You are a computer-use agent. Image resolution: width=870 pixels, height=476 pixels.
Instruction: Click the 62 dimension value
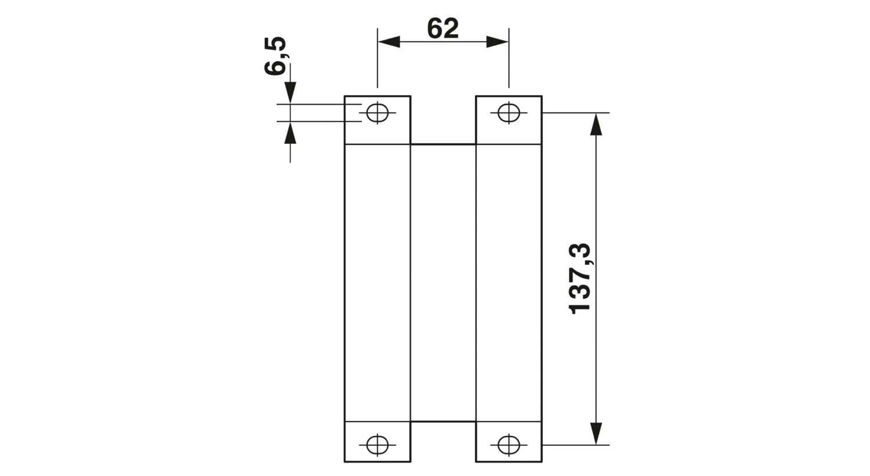tap(443, 29)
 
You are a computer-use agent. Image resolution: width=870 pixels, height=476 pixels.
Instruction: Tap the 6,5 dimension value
tap(275, 56)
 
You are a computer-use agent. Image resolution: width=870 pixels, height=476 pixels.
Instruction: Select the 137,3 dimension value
tap(580, 279)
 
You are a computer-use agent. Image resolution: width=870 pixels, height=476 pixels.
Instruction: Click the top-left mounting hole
tap(377, 113)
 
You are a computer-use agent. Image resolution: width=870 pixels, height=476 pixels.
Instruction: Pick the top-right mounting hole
tap(509, 113)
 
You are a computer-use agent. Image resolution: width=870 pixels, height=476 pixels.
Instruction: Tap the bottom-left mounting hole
tap(377, 445)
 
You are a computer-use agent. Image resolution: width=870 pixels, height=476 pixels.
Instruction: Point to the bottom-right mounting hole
tap(509, 445)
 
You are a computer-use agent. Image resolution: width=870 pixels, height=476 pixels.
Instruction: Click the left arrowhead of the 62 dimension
tap(389, 42)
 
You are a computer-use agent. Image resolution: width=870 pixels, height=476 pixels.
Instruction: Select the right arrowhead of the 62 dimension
tap(498, 42)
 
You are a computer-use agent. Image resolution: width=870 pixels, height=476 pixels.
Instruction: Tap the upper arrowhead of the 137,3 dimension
tap(596, 124)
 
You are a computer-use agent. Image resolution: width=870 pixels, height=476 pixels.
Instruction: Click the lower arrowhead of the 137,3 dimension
tap(596, 433)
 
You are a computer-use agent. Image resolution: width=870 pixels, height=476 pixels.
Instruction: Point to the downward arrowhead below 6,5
tap(290, 93)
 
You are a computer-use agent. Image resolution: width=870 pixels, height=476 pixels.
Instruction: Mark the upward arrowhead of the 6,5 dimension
tap(290, 132)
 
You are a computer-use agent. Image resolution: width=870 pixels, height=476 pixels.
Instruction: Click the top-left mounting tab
tap(377, 120)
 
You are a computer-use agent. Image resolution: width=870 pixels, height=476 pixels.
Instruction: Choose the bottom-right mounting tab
tap(509, 441)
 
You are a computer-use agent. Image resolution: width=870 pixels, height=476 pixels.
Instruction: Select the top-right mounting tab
tap(509, 120)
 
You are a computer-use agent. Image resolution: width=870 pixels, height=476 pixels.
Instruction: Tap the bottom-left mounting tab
tap(377, 441)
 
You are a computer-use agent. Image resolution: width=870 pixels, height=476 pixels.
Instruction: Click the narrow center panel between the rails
tap(443, 283)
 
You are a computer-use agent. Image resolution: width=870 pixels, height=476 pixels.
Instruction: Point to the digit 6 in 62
tap(434, 29)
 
